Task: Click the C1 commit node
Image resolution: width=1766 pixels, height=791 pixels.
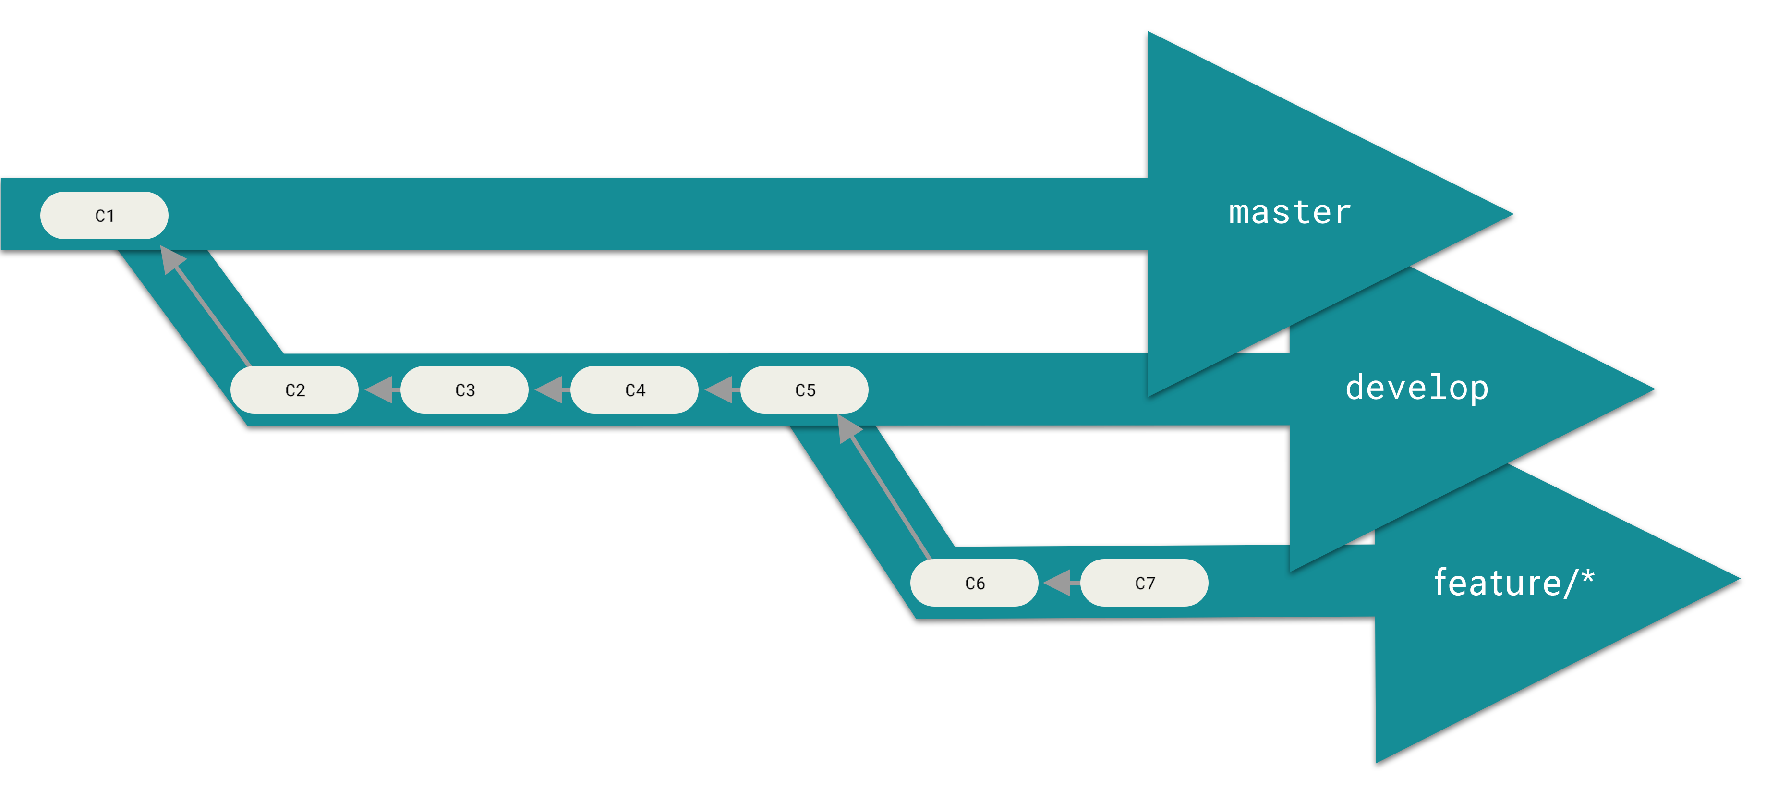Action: tap(104, 215)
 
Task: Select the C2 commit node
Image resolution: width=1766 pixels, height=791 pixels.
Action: tap(294, 389)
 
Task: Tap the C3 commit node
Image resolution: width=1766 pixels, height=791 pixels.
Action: tap(464, 389)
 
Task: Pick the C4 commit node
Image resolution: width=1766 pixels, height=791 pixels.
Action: tap(634, 389)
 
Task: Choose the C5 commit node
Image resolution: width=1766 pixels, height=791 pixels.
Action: tap(804, 389)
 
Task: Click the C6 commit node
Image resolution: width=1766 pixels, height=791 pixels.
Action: tap(974, 583)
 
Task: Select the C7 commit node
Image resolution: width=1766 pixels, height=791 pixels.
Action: tap(1144, 583)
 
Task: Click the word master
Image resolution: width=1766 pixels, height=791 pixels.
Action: tap(1290, 212)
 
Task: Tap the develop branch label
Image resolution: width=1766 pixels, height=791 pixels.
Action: tap(1416, 388)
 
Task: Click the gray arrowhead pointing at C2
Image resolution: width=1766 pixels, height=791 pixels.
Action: tap(379, 389)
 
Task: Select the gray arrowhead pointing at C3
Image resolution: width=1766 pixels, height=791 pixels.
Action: tap(549, 389)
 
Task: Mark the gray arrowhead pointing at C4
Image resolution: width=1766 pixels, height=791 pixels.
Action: tap(719, 389)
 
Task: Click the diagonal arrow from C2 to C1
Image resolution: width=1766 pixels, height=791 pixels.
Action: tap(209, 308)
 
